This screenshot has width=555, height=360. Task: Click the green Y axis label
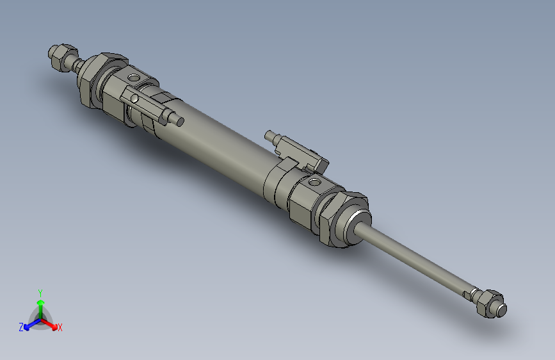40,292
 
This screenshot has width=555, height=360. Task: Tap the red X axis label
60,328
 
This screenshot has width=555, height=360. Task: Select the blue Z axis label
21,327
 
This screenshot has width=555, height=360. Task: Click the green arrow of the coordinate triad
40,303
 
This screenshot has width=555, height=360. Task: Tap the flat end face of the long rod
502,310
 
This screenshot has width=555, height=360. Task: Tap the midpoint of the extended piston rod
416,259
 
